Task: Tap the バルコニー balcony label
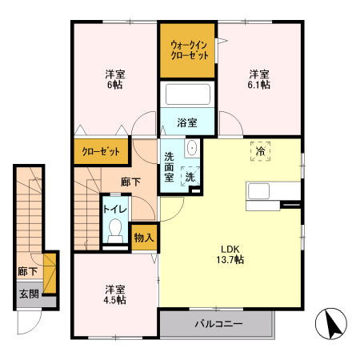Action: coord(218,325)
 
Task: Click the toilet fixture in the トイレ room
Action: coord(114,234)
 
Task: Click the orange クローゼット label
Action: coord(101,150)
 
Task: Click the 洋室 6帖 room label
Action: coord(114,78)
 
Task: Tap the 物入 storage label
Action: coord(144,238)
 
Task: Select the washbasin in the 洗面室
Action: coord(192,149)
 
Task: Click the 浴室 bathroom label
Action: coord(187,123)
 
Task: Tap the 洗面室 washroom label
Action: coord(170,166)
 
